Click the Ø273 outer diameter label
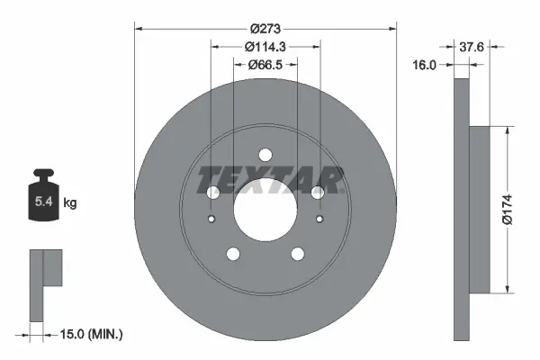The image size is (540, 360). coord(265,15)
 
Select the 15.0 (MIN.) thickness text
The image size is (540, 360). coord(92,334)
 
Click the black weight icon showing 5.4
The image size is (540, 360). coord(43,199)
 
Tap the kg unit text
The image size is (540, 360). coord(70,203)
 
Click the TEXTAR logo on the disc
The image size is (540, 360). coord(269,180)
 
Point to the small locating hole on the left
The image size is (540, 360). coord(211,219)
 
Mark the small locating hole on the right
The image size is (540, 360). coord(319,219)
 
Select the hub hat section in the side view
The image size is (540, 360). coord(481,209)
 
